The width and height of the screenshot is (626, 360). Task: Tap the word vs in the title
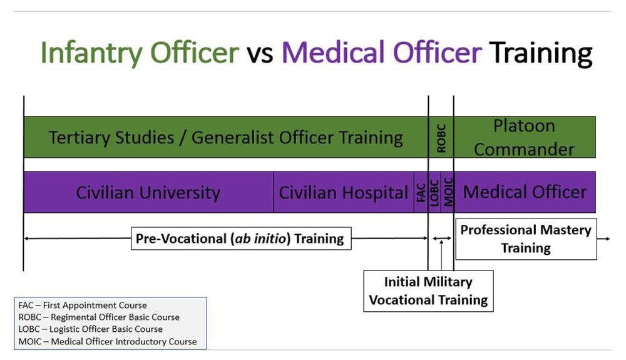260,53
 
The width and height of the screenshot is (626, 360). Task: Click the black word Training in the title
541,54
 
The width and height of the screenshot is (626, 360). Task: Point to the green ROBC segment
441,137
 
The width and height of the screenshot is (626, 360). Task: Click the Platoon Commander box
525,137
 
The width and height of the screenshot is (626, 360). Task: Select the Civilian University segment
148,192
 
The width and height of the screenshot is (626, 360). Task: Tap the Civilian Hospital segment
344,192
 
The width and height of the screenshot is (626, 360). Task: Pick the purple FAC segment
421,192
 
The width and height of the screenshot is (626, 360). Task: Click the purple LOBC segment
434,192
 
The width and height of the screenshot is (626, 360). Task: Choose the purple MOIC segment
448,192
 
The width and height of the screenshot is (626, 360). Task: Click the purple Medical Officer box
525,192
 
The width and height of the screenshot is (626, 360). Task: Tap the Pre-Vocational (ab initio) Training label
241,239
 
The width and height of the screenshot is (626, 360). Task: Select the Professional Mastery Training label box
526,239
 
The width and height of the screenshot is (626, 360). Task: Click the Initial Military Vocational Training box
428,291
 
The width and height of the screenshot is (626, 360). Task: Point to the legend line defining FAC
83,306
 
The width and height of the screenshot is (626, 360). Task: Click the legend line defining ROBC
99,317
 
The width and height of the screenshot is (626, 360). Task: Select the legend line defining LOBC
91,329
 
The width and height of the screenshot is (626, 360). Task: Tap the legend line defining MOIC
108,342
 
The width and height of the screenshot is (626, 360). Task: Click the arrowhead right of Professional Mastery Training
608,239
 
